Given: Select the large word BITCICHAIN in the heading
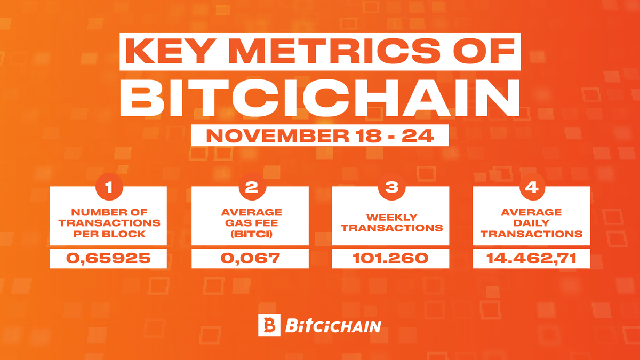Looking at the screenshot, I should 320,98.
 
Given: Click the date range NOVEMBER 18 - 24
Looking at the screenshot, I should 319,136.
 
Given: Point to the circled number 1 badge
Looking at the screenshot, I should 109,187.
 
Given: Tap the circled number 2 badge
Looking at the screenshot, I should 250,187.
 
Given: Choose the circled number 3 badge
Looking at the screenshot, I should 390,187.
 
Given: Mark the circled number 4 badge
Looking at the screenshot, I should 531,187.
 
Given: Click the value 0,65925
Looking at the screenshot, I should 109,259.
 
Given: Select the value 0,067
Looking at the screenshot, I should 250,259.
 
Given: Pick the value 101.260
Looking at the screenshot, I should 390,259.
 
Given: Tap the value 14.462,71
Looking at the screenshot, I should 531,259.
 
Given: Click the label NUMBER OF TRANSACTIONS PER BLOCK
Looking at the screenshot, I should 109,222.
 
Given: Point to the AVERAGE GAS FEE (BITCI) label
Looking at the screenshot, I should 250,222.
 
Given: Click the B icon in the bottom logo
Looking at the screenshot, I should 268,325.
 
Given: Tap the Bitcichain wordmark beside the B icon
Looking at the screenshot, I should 333,326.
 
